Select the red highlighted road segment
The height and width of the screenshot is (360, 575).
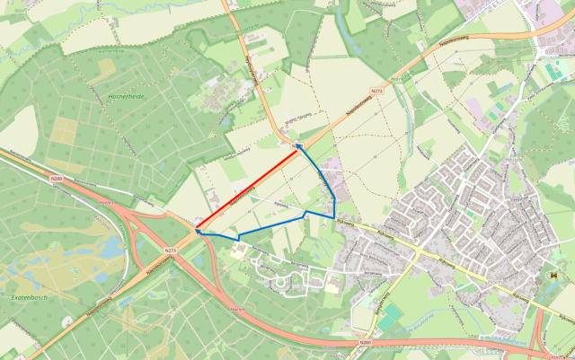(x=248, y=191)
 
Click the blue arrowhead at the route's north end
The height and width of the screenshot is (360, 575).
(x=298, y=148)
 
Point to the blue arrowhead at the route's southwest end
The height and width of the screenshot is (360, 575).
(x=198, y=231)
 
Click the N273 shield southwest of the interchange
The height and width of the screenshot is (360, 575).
(x=170, y=250)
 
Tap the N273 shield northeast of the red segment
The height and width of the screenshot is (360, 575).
(x=378, y=90)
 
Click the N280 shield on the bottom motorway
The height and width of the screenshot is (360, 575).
(x=364, y=341)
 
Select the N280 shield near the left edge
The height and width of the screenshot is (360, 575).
(x=57, y=179)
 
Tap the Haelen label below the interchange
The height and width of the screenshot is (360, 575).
(x=237, y=308)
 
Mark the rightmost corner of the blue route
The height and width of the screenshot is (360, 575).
(x=335, y=217)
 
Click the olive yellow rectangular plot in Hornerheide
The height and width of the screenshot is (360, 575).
(x=64, y=132)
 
